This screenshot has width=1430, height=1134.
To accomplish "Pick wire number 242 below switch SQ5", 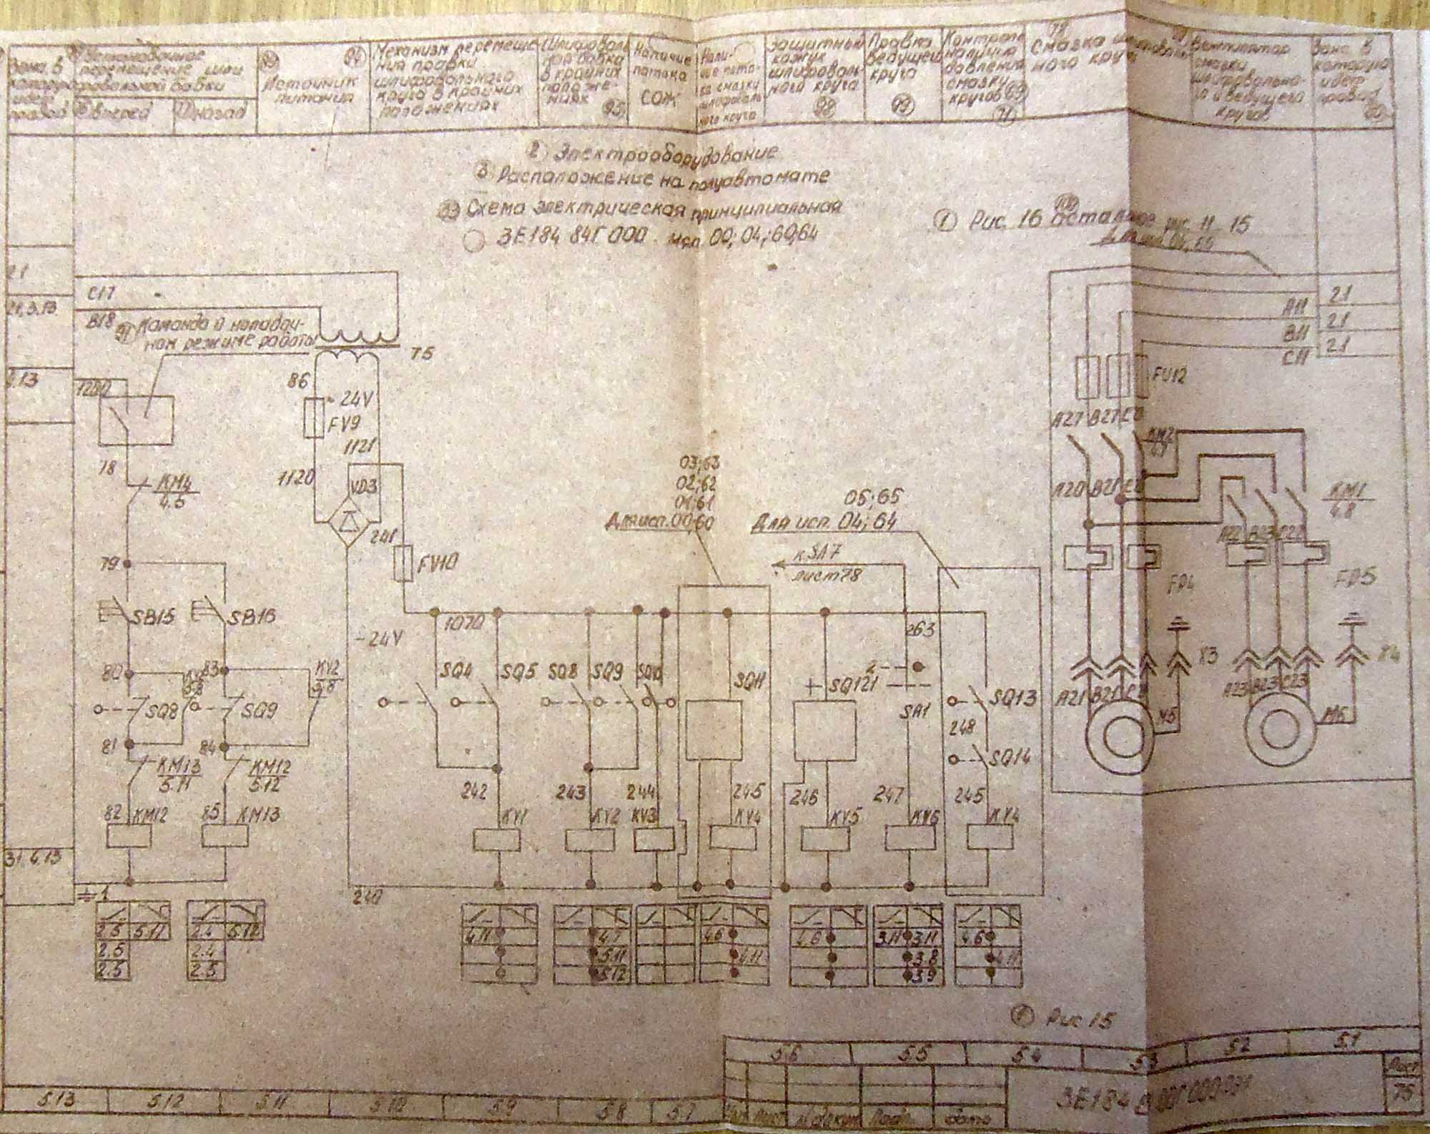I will (475, 791).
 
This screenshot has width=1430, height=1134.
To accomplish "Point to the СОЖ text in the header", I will (651, 101).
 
